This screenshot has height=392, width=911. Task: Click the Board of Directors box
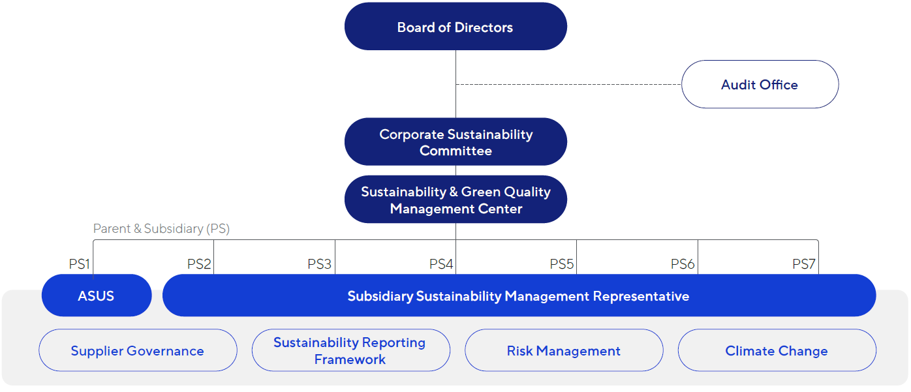455,27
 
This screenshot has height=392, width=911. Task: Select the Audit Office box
760,85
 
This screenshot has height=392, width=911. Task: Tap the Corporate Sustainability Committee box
455,142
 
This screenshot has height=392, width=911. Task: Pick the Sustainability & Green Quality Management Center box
455,200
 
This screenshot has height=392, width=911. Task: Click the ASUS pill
97,296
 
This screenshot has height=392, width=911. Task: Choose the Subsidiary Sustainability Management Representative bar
519,296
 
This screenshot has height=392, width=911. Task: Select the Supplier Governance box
138,351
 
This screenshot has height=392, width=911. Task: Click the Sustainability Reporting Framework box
350,351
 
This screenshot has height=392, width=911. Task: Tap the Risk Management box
564,351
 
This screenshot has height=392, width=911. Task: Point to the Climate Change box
777,351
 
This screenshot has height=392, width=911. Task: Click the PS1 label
79,264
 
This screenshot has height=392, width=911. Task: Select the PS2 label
199,264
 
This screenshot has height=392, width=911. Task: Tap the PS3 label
320,264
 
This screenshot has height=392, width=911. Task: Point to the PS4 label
441,264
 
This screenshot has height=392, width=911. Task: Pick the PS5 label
562,264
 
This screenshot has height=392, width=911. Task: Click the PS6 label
683,264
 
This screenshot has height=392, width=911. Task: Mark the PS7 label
804,264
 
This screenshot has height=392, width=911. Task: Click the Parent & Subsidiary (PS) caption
161,229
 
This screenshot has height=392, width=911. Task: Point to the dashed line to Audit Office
568,84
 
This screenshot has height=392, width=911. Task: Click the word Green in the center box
480,192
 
